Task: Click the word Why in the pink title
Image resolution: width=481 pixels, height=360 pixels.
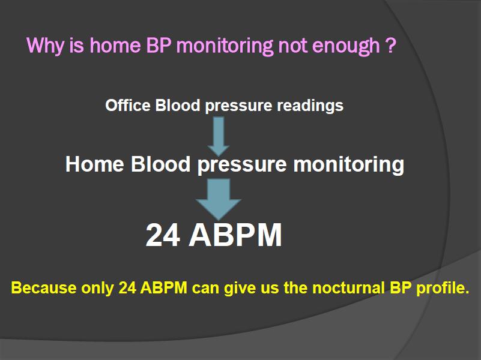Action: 46,46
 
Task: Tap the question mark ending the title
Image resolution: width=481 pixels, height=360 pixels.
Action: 390,45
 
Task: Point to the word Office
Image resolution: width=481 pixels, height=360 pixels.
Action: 128,105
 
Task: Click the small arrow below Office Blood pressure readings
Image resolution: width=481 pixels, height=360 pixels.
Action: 219,136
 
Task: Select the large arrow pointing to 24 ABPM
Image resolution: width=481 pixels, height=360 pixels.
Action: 219,199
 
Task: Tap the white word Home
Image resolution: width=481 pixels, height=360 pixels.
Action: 94,164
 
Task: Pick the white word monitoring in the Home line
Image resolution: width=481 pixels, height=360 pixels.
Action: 348,166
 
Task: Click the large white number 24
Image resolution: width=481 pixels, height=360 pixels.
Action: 163,235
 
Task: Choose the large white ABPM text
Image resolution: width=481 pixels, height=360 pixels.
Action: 235,235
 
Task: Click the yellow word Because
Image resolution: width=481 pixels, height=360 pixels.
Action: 44,288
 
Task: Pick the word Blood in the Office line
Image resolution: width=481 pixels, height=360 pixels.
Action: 178,105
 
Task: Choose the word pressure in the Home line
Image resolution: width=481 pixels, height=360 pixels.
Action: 242,166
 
